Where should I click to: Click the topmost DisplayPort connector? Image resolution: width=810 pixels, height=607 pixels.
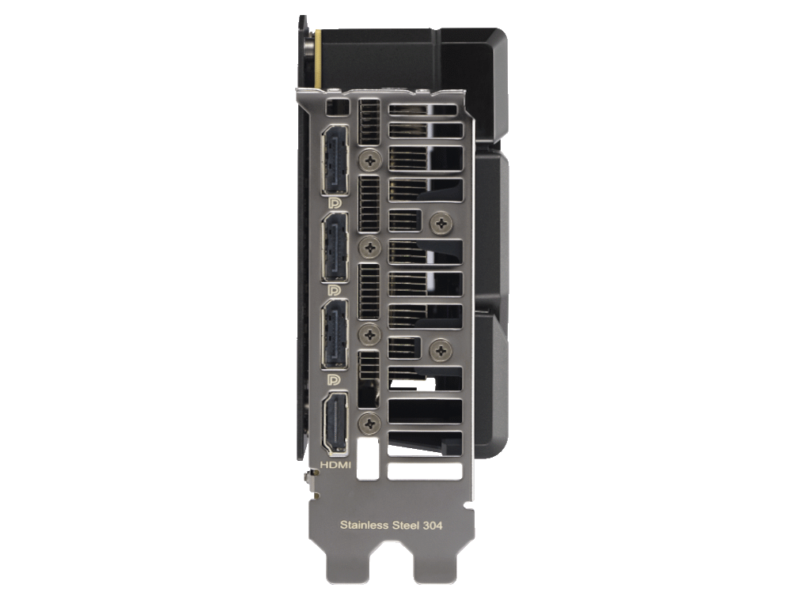click(x=335, y=160)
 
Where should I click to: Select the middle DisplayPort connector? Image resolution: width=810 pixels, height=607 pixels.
click(x=335, y=247)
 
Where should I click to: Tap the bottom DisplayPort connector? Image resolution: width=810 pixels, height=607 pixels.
click(x=335, y=334)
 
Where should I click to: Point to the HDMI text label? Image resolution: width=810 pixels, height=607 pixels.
click(x=335, y=465)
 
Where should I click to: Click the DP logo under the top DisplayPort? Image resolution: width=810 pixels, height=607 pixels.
click(x=335, y=203)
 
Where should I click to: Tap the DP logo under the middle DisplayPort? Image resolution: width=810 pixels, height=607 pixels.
click(x=335, y=291)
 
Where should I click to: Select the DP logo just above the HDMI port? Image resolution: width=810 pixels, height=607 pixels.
click(x=335, y=380)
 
